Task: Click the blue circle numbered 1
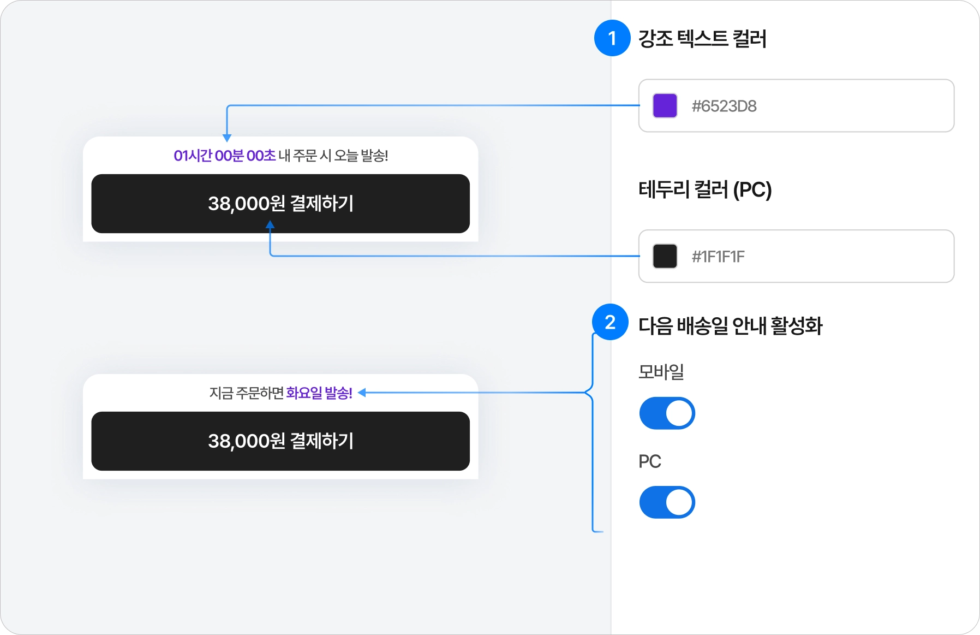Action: [612, 38]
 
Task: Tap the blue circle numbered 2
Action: [610, 322]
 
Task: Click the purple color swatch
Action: [665, 106]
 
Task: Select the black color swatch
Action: [665, 256]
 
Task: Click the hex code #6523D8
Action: [724, 106]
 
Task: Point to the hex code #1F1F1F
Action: [718, 257]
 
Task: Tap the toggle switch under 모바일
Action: [667, 413]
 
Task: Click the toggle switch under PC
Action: [667, 502]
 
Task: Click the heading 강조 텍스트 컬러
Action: [702, 39]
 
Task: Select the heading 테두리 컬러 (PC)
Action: [705, 190]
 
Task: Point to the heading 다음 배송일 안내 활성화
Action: [730, 326]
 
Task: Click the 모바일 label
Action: [661, 372]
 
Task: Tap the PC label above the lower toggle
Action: [649, 461]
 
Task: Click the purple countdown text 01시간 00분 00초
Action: [224, 156]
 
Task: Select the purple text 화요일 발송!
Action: [319, 393]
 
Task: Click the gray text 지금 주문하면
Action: [247, 393]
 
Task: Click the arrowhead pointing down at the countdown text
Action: [227, 138]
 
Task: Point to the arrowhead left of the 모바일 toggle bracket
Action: [362, 393]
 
